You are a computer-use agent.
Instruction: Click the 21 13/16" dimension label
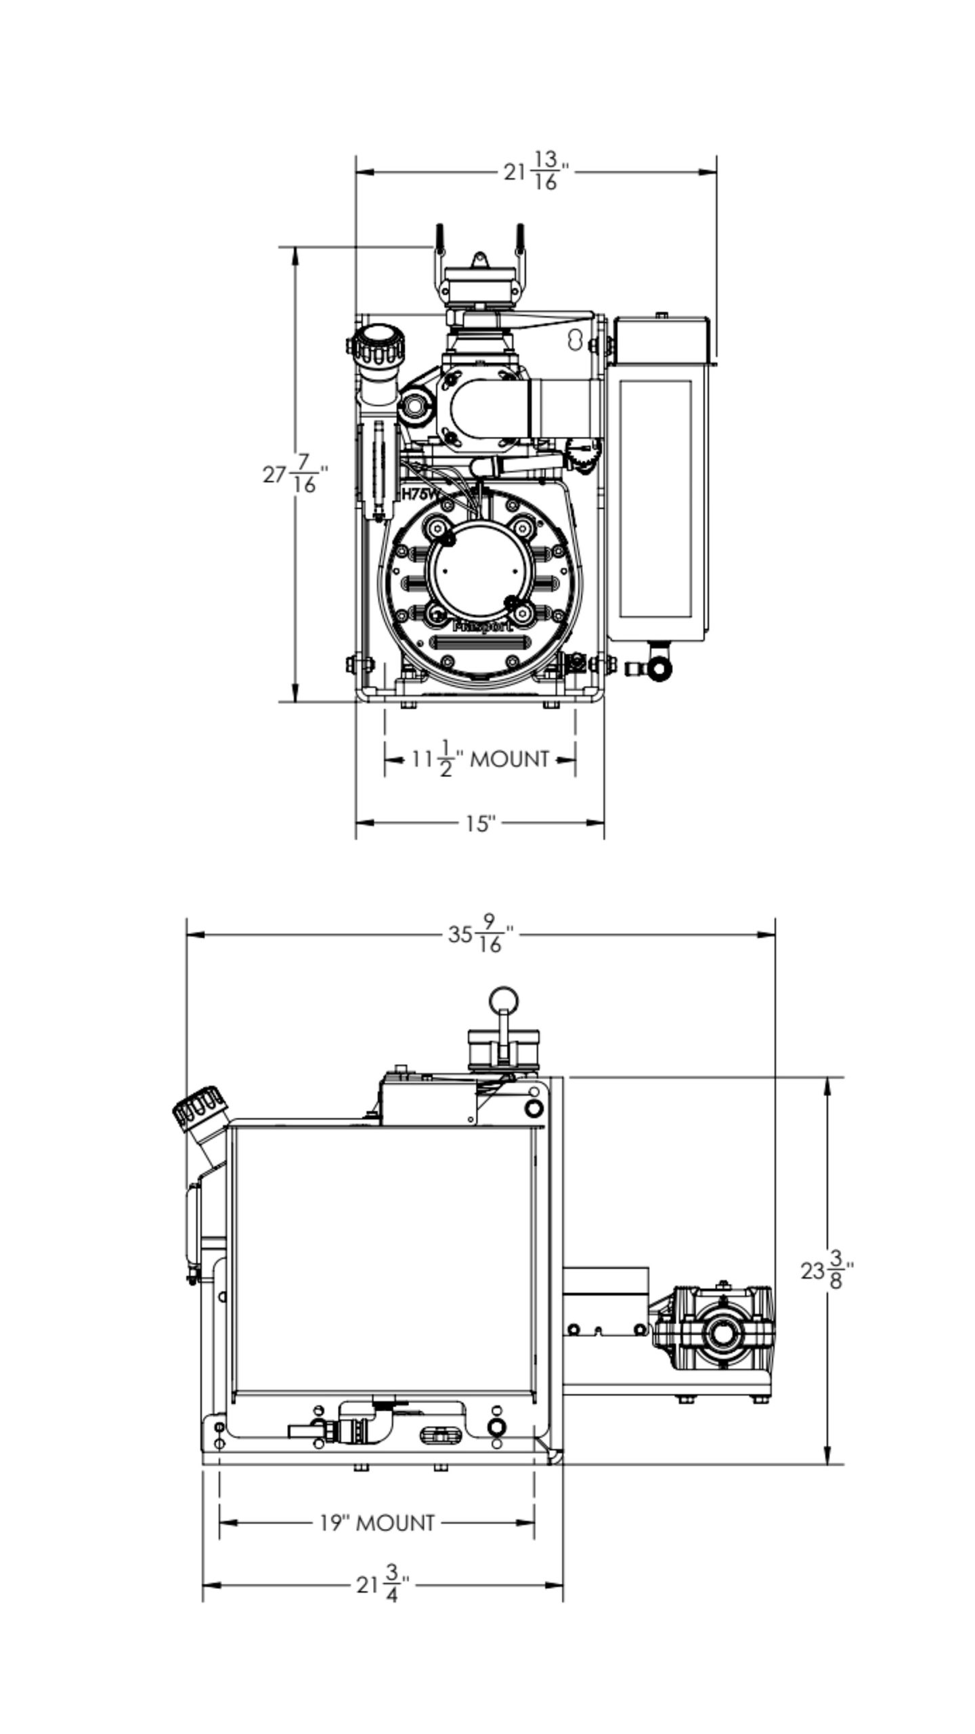536,171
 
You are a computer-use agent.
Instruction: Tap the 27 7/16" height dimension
295,473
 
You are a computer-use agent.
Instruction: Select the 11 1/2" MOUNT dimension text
481,759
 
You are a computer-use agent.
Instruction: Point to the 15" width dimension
480,824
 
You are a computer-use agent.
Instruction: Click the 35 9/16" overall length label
481,935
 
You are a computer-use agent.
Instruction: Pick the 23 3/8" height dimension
827,1271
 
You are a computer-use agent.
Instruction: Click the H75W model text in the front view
420,494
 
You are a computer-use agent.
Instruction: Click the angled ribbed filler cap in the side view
198,1108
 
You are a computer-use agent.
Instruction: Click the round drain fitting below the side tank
659,669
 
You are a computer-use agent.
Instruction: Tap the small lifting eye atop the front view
479,259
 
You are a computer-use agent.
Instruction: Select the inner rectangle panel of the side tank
655,499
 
